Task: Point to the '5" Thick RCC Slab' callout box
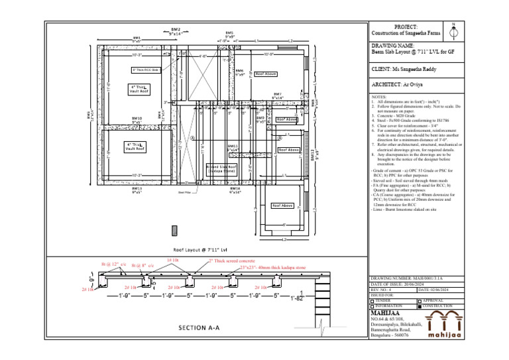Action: coord(146,70)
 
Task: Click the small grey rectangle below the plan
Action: coord(174,230)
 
